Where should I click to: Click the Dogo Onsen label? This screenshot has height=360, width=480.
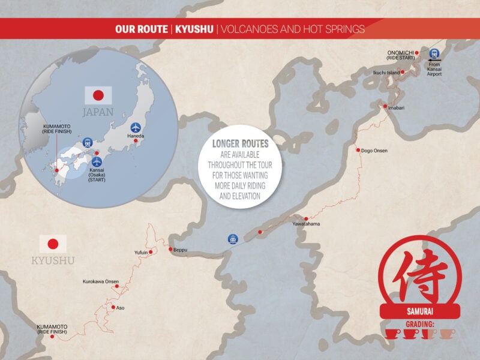point(375,150)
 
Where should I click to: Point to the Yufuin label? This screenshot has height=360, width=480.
point(140,253)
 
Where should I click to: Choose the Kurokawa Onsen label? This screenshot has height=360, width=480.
point(101,281)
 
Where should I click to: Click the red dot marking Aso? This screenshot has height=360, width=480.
point(113,307)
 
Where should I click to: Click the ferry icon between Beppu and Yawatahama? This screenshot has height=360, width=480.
point(232,239)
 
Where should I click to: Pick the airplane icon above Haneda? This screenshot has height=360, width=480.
point(136,128)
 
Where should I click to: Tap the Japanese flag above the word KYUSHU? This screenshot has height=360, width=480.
point(53,244)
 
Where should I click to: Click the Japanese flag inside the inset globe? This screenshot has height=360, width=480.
point(98,95)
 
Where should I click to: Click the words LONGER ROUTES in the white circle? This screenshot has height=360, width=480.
point(240,144)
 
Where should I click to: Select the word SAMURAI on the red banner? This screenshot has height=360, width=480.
point(420,311)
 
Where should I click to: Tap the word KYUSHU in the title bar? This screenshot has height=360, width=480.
point(194,28)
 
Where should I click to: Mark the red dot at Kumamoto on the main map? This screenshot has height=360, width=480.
point(53,337)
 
